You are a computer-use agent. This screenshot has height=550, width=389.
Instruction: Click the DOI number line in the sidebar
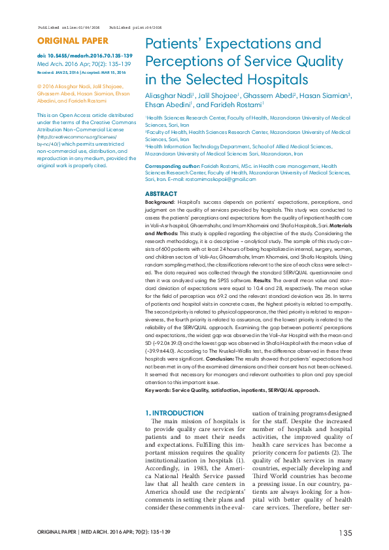(85, 56)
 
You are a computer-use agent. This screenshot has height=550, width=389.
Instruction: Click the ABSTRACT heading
(161, 194)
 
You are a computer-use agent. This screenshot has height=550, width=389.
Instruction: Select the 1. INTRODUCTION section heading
(174, 413)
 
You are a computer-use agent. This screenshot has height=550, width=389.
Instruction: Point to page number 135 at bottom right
(345, 534)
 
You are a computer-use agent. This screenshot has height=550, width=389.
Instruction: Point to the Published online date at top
(69, 27)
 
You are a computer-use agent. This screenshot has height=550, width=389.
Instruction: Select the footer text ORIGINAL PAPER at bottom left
(57, 534)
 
